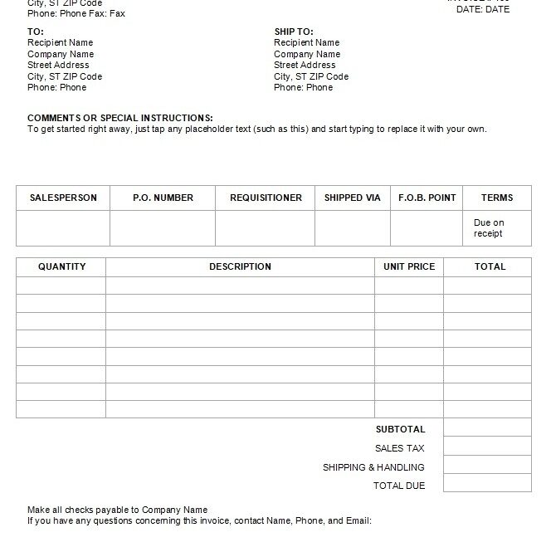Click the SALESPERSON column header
(63, 198)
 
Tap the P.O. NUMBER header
(163, 198)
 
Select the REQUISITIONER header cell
(266, 198)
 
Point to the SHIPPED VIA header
(353, 198)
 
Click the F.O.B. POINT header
(427, 198)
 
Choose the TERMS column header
(497, 198)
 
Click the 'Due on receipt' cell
(489, 228)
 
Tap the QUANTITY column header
(61, 266)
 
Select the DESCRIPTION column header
(240, 266)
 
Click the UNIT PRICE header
(409, 266)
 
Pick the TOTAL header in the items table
(490, 266)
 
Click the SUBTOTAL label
(400, 429)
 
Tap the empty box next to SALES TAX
(487, 448)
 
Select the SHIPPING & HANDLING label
(373, 467)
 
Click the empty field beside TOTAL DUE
(487, 486)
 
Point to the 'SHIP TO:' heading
(294, 32)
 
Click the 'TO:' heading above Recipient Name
(36, 32)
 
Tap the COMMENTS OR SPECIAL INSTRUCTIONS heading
(120, 118)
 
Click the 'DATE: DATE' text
(483, 9)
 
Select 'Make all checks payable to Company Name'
(117, 510)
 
